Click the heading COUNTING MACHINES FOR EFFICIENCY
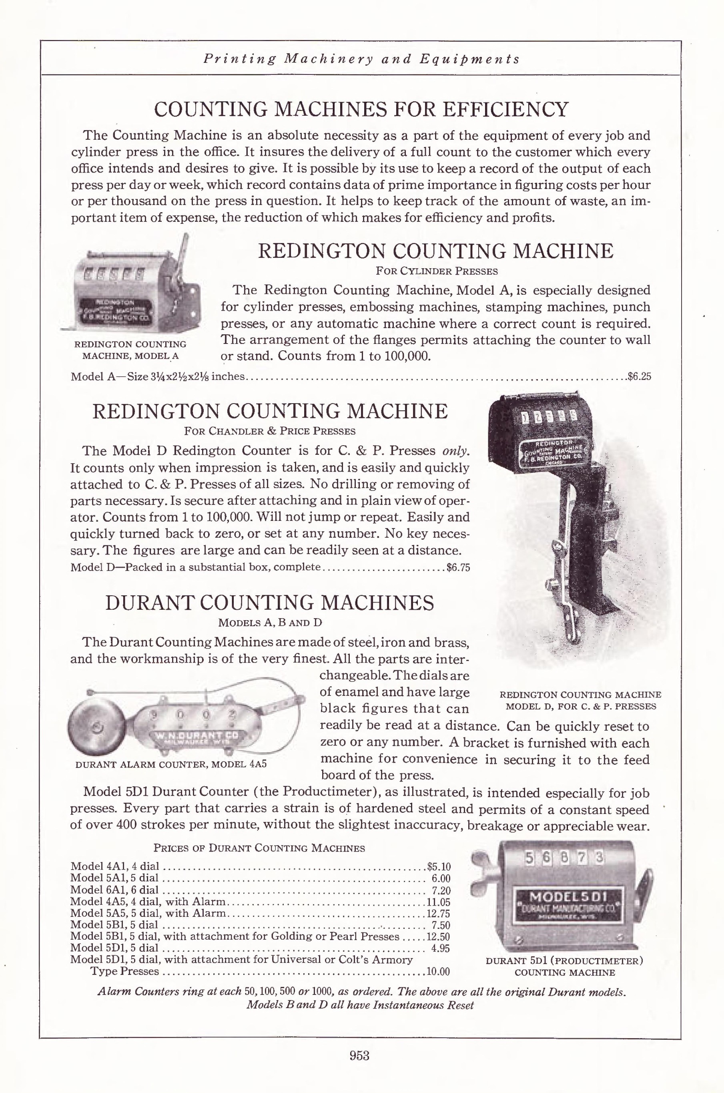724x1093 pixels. click(361, 109)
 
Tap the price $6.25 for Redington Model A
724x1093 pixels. click(639, 376)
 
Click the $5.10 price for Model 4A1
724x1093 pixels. click(439, 867)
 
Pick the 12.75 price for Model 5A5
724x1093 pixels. click(438, 913)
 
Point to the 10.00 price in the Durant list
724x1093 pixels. click(438, 972)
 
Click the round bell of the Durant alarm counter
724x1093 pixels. click(98, 728)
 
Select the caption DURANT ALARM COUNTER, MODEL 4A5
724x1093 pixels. click(171, 764)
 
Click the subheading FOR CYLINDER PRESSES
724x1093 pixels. click(436, 271)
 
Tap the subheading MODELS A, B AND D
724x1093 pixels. click(270, 623)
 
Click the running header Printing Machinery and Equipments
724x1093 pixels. click(361, 59)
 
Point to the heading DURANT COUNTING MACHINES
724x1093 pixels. click(270, 603)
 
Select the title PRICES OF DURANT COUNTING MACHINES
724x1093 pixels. click(259, 848)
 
